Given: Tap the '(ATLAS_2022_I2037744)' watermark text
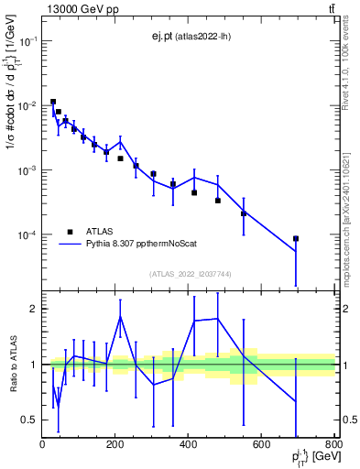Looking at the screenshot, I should click(x=189, y=273).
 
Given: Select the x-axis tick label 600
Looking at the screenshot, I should click(x=262, y=445).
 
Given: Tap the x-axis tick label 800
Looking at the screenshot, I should click(x=333, y=445).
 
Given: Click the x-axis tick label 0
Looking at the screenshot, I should click(x=43, y=445).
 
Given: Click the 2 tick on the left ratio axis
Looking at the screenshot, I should click(x=34, y=309).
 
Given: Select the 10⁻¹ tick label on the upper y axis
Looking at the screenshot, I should click(x=28, y=41).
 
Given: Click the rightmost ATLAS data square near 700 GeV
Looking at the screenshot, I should click(x=296, y=238).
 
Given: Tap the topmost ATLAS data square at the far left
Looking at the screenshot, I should click(x=53, y=102).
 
